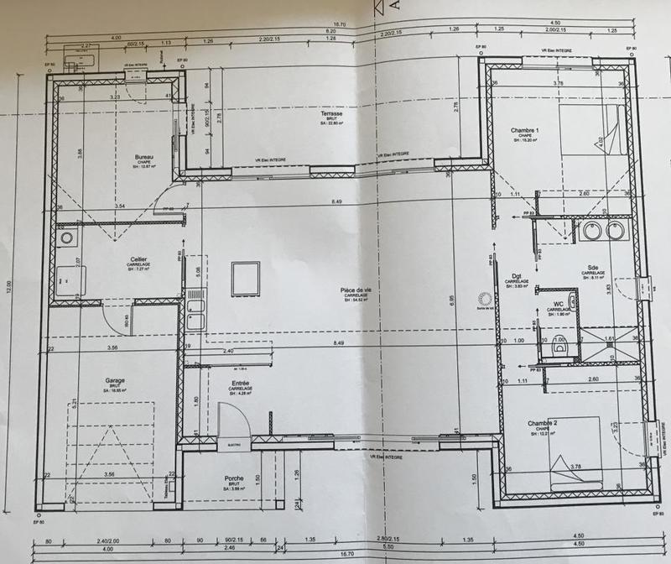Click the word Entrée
(240, 384)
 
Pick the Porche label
(234, 479)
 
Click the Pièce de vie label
(356, 291)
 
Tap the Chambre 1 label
(525, 130)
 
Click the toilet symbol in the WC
(560, 344)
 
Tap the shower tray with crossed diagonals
(610, 342)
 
